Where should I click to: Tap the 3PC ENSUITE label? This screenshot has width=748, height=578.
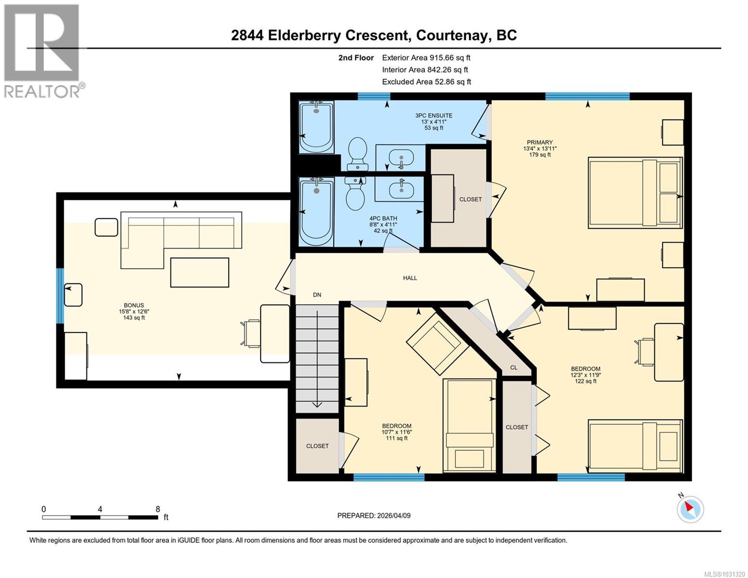(433, 116)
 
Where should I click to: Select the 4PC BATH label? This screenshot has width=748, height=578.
(383, 218)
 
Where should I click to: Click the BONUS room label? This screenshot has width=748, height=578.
(134, 305)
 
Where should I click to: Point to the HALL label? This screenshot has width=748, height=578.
(410, 278)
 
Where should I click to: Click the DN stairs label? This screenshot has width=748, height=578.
(317, 295)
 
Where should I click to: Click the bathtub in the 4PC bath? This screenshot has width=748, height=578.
(316, 212)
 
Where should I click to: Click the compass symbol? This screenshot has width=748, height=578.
(690, 509)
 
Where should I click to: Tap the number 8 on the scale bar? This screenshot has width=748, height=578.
(158, 509)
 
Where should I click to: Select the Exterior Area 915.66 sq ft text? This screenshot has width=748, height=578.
(426, 58)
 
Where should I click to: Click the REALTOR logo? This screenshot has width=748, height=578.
(42, 51)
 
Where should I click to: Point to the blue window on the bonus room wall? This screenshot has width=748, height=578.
(60, 296)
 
